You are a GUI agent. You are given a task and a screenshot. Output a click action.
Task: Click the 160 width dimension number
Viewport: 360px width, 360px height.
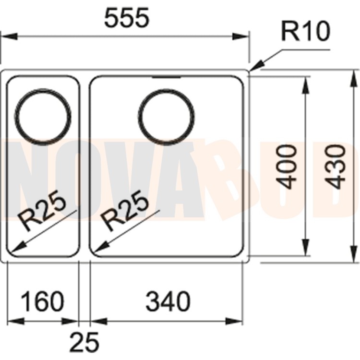(42, 302)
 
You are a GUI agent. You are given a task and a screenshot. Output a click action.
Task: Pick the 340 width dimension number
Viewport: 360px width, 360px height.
(168, 302)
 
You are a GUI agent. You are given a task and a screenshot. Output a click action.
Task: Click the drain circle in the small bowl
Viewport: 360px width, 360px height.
(43, 115)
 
